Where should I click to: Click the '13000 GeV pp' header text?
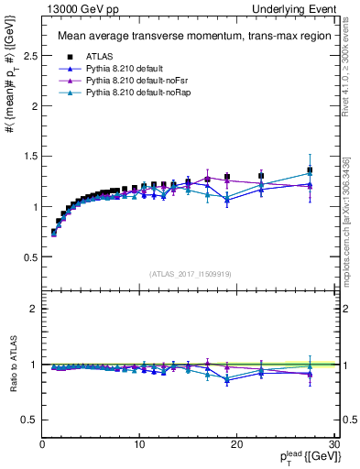[78, 8]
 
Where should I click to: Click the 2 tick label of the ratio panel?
[34, 309]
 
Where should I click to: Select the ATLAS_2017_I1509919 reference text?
[189, 273]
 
